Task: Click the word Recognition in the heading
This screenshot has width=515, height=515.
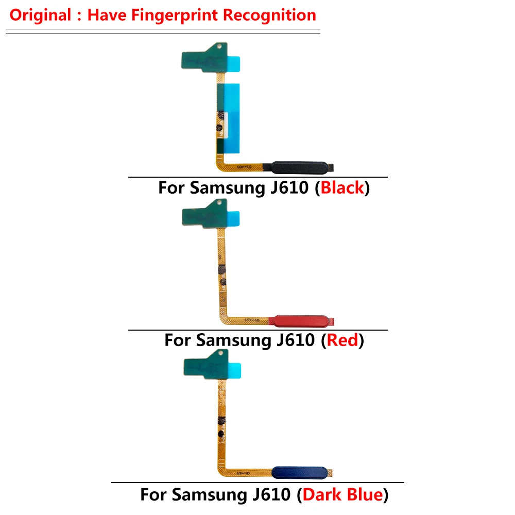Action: point(269,15)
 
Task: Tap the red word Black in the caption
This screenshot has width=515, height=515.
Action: point(342,188)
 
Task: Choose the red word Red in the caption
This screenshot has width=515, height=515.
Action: point(342,340)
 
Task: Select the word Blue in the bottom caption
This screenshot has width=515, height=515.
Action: point(361,495)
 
